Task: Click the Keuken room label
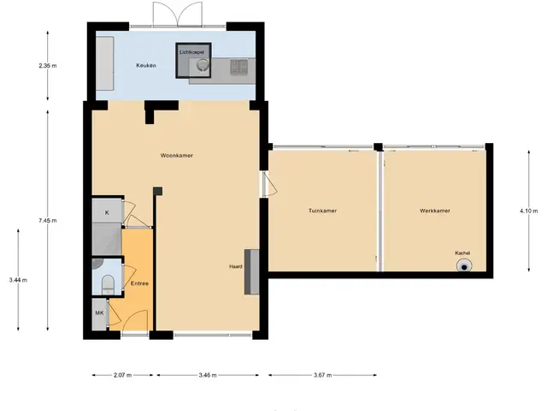coord(146,65)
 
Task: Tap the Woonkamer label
coord(177,156)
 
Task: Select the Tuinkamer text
coord(323,211)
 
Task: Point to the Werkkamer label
coord(435,211)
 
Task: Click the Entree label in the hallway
coord(139,283)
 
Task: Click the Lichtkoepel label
coord(191,52)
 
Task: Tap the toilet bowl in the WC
coord(108,284)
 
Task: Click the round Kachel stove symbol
coord(464,265)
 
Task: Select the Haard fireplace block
coord(251,272)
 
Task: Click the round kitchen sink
coord(202,65)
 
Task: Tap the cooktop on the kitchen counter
coord(239,67)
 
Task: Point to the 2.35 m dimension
coord(48,65)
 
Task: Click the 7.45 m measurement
coord(48,221)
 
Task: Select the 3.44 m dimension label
coord(18,280)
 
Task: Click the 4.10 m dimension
coord(529,211)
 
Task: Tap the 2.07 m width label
coord(123,375)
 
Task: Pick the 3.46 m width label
coord(208,375)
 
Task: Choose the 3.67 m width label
coord(323,375)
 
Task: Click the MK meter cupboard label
coord(99,313)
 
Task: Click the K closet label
coord(107,212)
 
